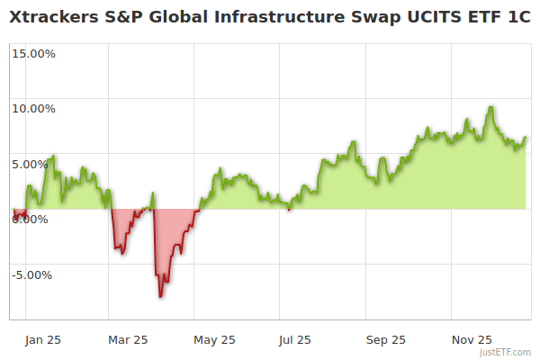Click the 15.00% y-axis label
34,53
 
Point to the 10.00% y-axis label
34,109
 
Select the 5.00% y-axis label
37,165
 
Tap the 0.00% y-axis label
34,220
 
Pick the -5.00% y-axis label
34,275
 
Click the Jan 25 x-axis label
42,340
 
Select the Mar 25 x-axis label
127,340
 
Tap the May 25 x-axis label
214,340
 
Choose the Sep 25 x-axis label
385,340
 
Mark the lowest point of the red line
160,296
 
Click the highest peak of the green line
490,107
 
